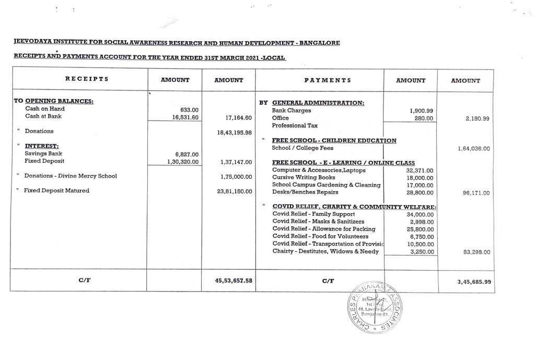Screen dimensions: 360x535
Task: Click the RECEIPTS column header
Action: [x=86, y=80]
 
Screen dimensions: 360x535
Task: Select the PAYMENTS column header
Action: [x=328, y=80]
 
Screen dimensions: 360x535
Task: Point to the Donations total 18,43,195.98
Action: [x=234, y=133]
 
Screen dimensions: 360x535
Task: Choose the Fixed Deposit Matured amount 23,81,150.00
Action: [x=234, y=191]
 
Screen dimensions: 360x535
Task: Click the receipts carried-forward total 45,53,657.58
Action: [x=234, y=281]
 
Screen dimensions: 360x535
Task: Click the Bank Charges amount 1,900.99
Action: [x=422, y=111]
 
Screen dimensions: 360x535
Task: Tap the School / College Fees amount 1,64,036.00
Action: [x=473, y=149]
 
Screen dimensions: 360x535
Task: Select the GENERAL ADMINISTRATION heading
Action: [x=318, y=103]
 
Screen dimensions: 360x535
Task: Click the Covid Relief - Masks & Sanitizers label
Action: [x=319, y=222]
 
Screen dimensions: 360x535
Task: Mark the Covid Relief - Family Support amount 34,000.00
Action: [x=420, y=214]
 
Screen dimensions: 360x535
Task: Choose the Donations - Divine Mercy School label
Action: [x=71, y=176]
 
